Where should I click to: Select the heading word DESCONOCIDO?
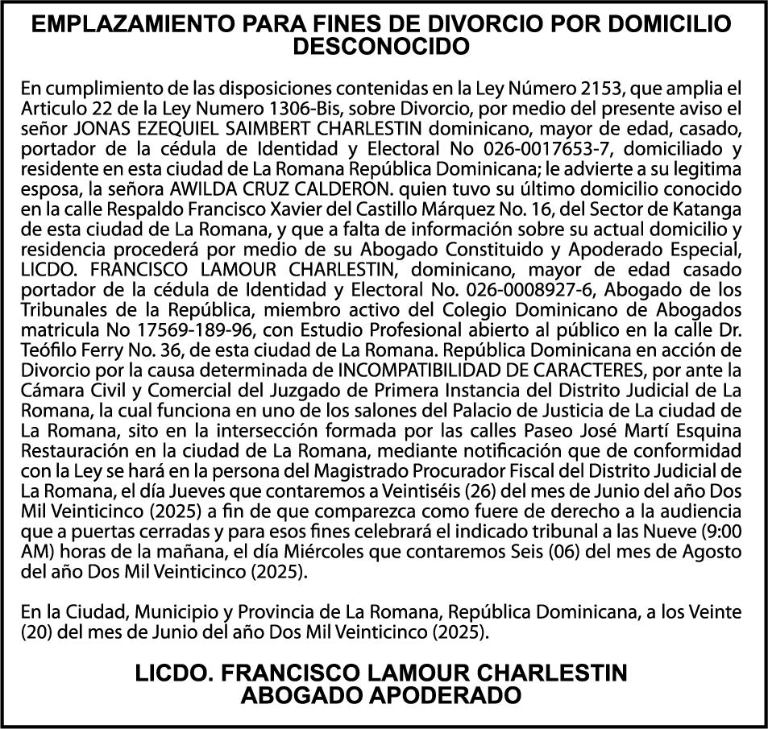click(383, 47)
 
